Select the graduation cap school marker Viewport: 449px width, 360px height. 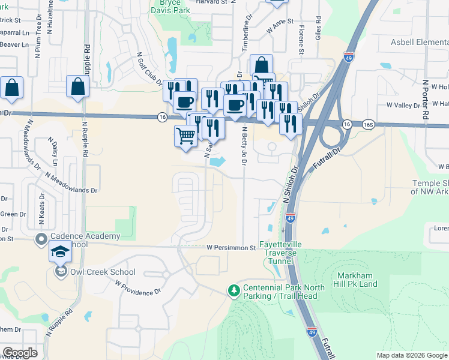point(60,252)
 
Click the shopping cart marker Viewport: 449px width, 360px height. point(186,136)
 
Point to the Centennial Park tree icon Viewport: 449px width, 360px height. point(234,291)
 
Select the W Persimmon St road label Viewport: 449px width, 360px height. point(231,247)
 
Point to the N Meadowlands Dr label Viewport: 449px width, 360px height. point(71,182)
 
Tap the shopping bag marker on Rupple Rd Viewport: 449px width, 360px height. point(78,87)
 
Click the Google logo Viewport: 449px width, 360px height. point(19,353)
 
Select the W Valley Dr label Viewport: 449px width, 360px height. point(403,105)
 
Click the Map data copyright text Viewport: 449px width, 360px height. point(412,355)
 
